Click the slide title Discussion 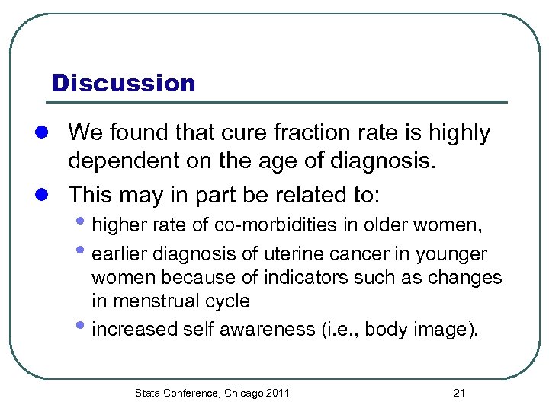[x=123, y=83]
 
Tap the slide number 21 [x=459, y=393]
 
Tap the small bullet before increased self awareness [x=84, y=327]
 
